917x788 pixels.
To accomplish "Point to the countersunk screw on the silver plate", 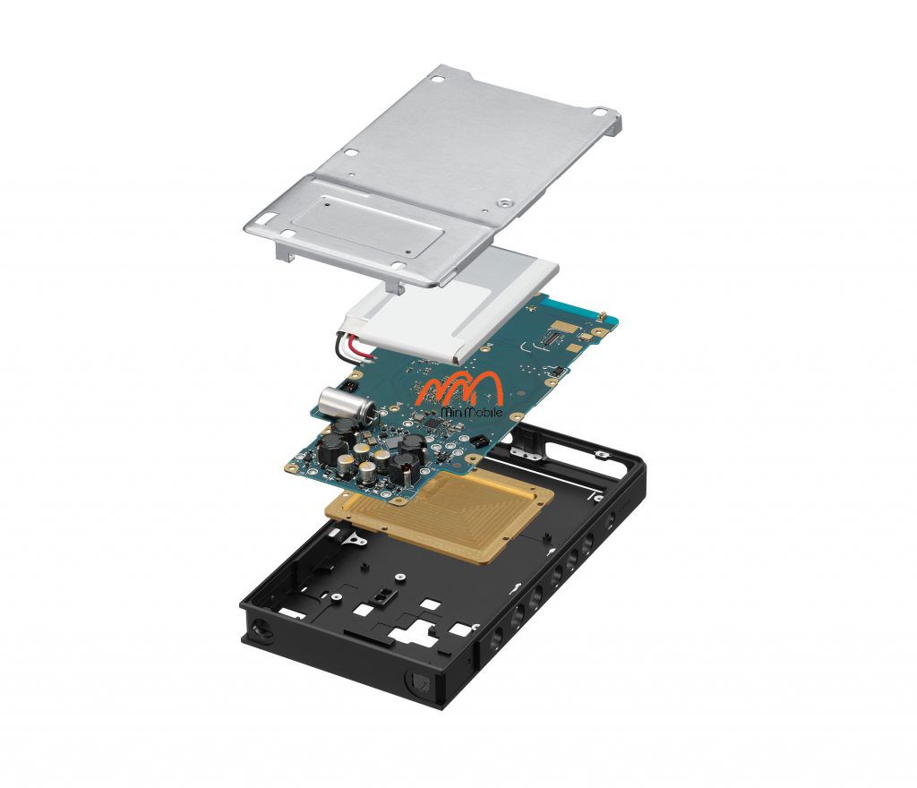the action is click(x=505, y=203).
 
